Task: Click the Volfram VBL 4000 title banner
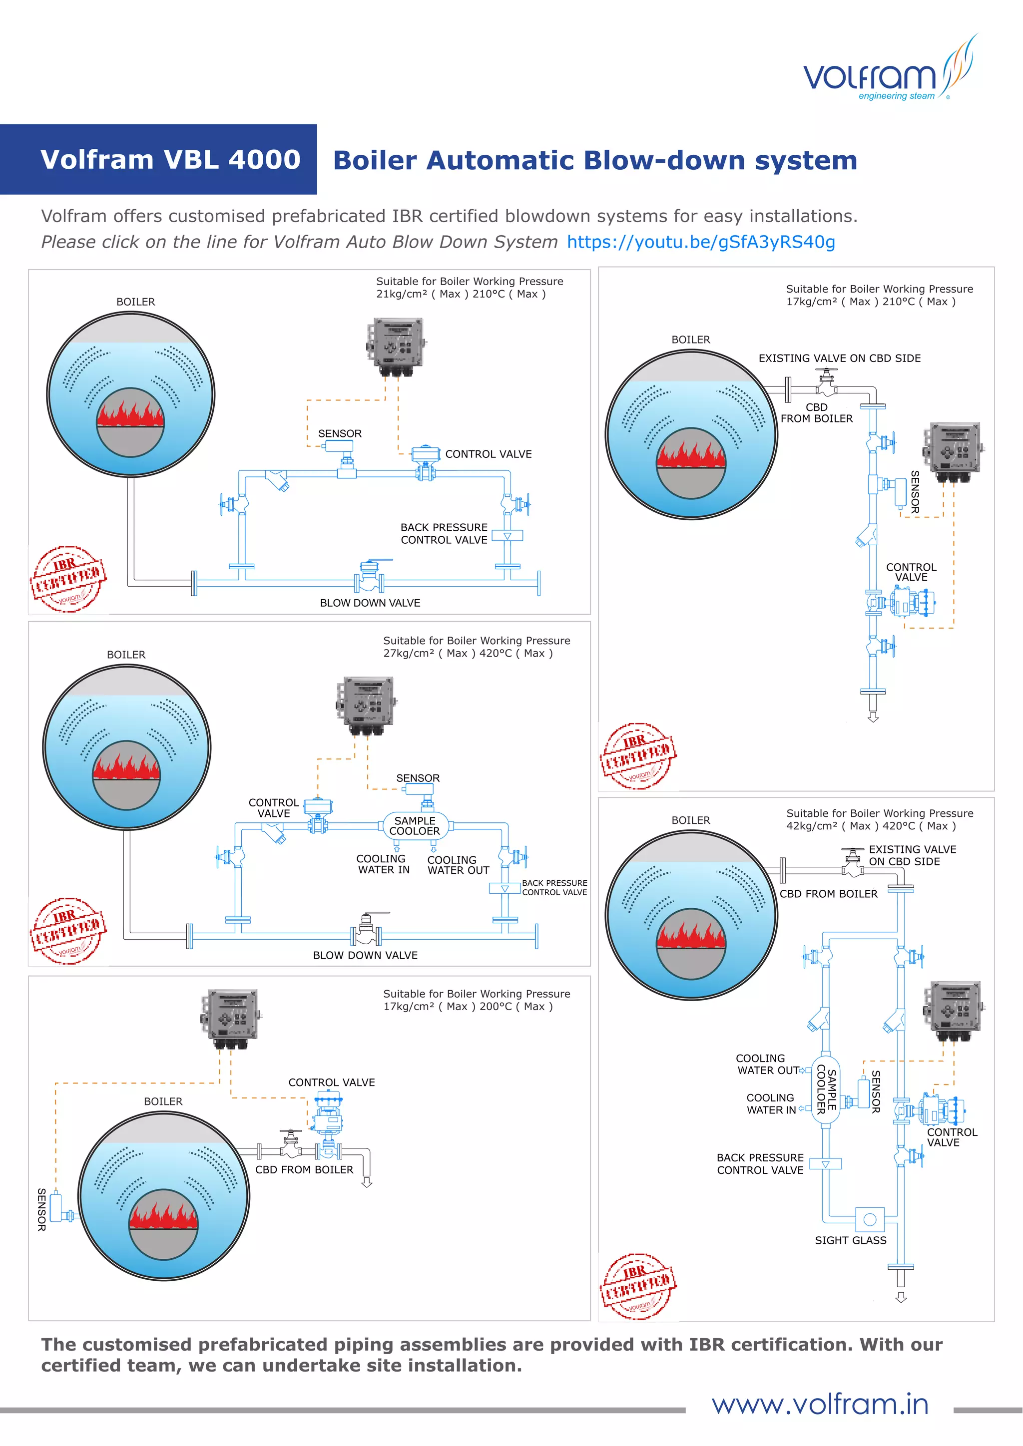coord(170,159)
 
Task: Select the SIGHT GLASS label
coord(850,1240)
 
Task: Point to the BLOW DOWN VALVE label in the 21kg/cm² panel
coord(370,603)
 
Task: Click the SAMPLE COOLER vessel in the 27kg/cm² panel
coord(415,826)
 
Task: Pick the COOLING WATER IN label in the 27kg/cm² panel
coord(383,864)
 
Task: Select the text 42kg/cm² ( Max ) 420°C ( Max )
coord(871,826)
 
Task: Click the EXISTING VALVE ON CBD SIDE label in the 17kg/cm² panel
coord(839,359)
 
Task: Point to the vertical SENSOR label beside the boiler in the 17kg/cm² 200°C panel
coord(41,1209)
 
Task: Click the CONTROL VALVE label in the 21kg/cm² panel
coord(488,454)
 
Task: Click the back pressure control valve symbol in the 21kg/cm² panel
coord(507,536)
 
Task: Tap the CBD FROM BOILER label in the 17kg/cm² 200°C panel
coord(304,1169)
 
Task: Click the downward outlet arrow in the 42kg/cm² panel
coord(901,1297)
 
